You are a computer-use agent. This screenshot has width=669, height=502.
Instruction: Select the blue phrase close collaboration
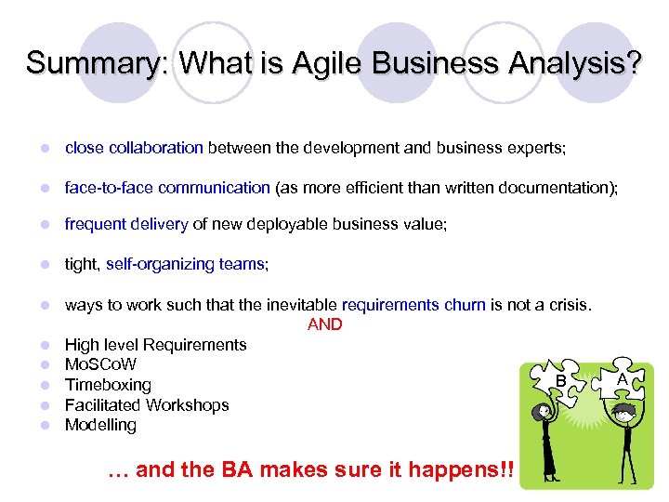click(134, 147)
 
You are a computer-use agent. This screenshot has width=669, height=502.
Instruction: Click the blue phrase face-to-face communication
click(167, 188)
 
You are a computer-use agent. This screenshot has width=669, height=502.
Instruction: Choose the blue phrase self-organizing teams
click(185, 264)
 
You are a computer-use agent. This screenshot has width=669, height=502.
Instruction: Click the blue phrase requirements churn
click(413, 305)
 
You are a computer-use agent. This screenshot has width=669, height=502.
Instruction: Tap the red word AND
click(324, 324)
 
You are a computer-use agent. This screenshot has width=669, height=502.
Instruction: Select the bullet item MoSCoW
click(100, 364)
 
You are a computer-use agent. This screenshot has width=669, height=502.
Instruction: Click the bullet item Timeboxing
click(108, 385)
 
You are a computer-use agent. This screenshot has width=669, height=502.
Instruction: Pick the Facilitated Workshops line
click(146, 405)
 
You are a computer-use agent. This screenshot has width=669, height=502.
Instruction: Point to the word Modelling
click(100, 425)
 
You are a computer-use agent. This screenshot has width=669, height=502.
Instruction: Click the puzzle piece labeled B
click(559, 377)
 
